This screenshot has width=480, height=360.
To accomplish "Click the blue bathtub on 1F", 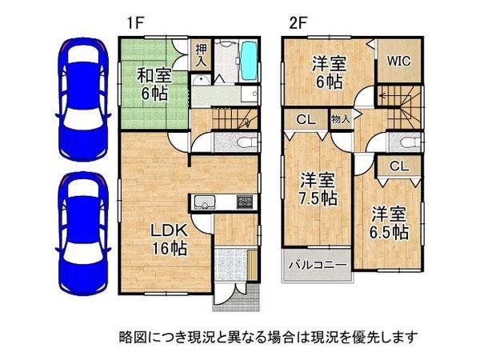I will pyautogui.click(x=248, y=58).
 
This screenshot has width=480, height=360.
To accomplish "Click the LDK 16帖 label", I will pyautogui.click(x=170, y=239).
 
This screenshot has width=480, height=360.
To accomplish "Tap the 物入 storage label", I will pyautogui.click(x=339, y=119).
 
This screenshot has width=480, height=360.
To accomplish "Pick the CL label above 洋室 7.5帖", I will pyautogui.click(x=305, y=120).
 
